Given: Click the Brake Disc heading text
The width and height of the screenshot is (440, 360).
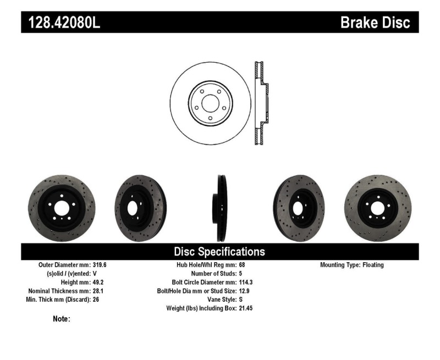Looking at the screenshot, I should (x=375, y=23).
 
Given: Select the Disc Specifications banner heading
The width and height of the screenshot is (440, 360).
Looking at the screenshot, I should (x=219, y=252).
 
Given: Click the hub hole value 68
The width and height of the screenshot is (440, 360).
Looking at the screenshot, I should (x=242, y=265).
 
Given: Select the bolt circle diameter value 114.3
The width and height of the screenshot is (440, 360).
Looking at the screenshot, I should (x=246, y=283).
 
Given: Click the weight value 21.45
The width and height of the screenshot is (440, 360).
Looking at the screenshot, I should (x=246, y=309).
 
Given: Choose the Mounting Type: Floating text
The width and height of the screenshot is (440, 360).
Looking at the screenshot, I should (x=352, y=265).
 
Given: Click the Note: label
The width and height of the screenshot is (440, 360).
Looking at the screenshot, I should (x=61, y=319).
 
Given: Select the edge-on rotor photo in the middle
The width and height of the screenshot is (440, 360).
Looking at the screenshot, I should (x=221, y=208).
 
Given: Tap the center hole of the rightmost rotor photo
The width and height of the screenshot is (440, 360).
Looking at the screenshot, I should (x=378, y=208).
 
